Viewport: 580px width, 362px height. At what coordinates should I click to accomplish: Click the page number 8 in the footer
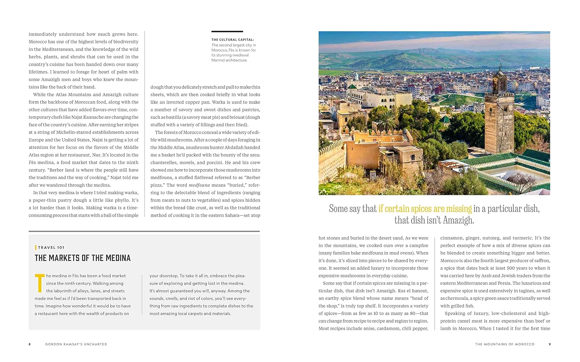(29, 344)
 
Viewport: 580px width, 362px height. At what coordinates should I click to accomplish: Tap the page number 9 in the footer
(549, 344)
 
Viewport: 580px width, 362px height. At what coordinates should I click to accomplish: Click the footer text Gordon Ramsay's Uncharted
(76, 344)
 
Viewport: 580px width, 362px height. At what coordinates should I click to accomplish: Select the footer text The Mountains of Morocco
(505, 344)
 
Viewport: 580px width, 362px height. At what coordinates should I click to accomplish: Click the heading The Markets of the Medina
(83, 258)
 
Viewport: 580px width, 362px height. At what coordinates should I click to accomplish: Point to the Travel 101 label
(51, 248)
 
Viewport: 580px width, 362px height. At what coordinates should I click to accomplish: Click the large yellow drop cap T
(39, 283)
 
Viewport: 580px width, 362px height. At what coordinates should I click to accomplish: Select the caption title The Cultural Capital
(232, 40)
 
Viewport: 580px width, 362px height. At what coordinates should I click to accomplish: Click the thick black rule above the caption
(227, 31)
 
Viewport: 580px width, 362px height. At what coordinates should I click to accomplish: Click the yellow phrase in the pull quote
(425, 209)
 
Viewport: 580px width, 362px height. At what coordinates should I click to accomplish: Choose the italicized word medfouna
(199, 185)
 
